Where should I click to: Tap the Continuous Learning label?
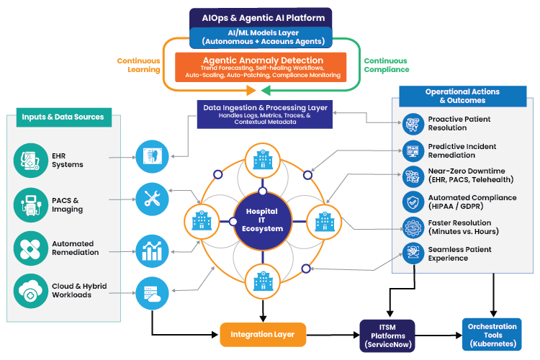tap(140, 65)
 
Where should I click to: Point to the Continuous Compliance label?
tap(387, 65)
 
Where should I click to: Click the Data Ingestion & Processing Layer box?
tap(265, 114)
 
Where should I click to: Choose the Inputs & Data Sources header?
tap(63, 117)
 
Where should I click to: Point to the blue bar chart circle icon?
tap(151, 249)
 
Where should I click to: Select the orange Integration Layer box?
tap(261, 334)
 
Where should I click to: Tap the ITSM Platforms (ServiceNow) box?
tap(387, 336)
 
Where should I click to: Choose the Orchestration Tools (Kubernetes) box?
tap(492, 336)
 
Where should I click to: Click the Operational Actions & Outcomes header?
tap(462, 96)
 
